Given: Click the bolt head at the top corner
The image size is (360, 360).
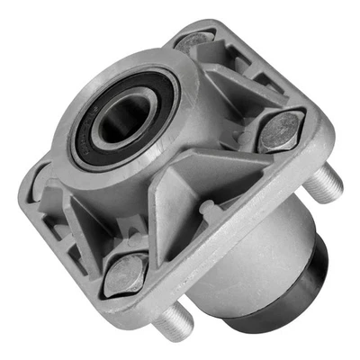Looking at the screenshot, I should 193,40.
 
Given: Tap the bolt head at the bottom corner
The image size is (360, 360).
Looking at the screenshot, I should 124,274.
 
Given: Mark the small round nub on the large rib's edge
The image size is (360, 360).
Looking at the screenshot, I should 206,210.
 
